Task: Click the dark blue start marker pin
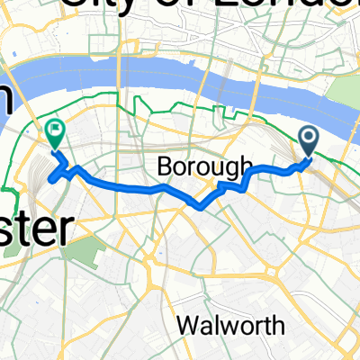309,139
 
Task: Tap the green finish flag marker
54,134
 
